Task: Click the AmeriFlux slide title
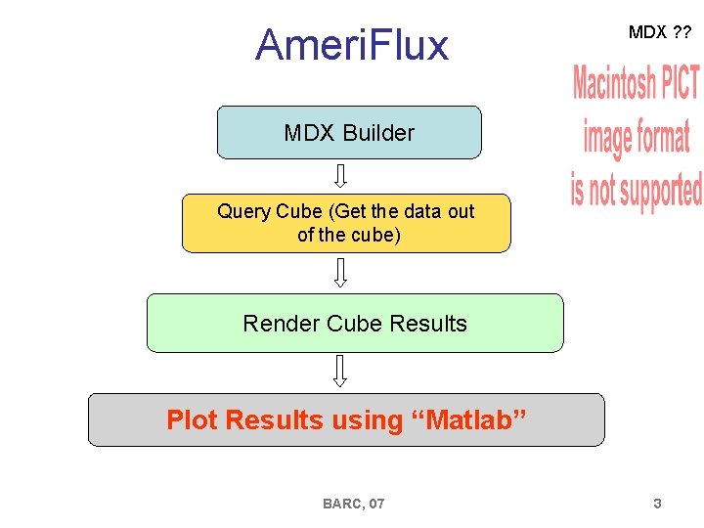(x=352, y=45)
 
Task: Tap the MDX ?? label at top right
(x=659, y=32)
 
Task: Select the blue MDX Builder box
(x=349, y=133)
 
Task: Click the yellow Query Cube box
(x=346, y=223)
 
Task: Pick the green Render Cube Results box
(x=355, y=324)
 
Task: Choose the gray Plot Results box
(x=346, y=420)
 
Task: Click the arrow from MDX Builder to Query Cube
(x=340, y=176)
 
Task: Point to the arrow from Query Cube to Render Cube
(x=340, y=273)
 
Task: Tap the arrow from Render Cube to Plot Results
(x=340, y=372)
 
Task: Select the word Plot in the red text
(x=192, y=420)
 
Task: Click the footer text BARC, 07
(x=353, y=504)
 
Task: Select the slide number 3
(x=657, y=504)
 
